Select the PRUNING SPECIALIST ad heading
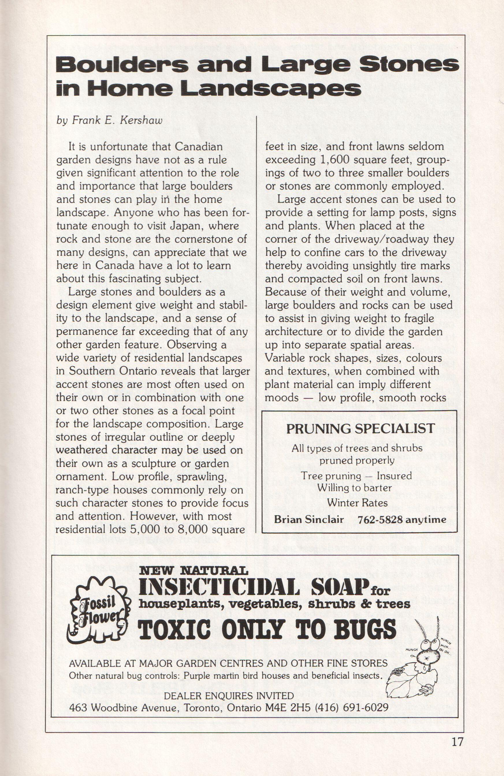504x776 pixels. pyautogui.click(x=360, y=428)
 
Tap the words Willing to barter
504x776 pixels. pyautogui.click(x=354, y=488)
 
